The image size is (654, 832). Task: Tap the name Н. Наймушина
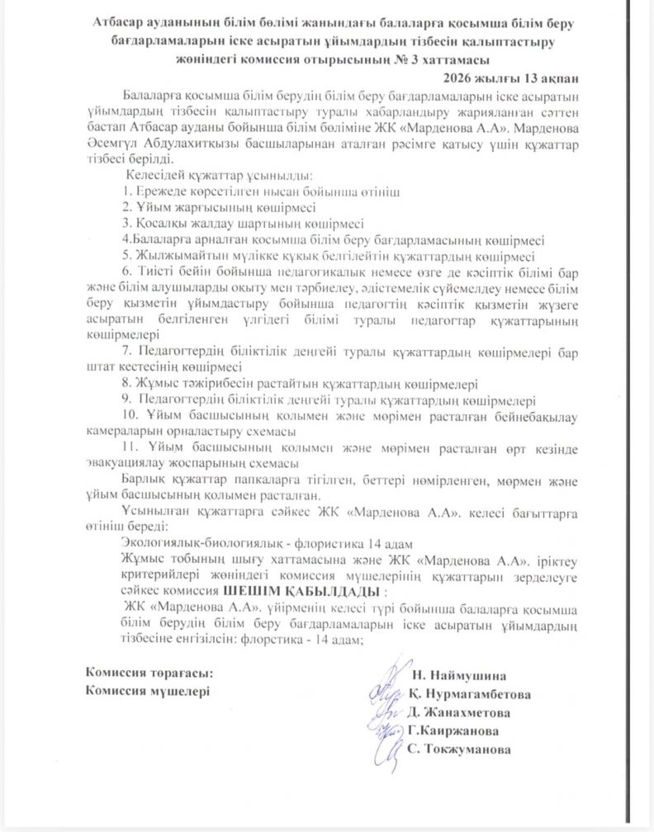(x=465, y=675)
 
